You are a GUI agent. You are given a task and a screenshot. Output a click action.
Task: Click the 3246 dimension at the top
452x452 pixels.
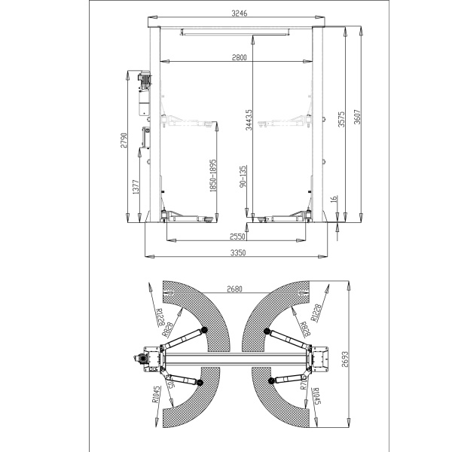(x=239, y=13)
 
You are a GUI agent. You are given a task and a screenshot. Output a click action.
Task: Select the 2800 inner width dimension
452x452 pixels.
(x=239, y=57)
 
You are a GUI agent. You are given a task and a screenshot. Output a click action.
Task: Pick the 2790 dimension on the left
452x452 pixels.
(x=124, y=142)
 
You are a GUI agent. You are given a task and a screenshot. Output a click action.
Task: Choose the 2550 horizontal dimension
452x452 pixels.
(x=239, y=237)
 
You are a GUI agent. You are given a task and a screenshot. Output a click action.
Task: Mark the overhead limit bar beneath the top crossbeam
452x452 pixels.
(x=235, y=32)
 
